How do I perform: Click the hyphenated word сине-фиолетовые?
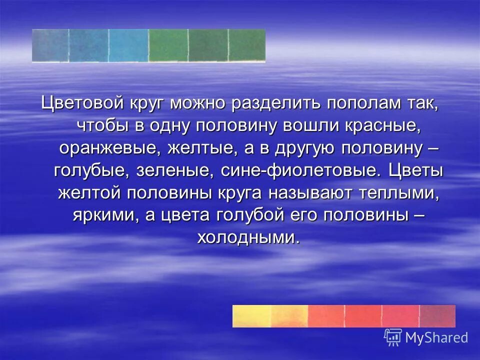click(x=297, y=171)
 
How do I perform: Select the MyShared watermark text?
click(x=436, y=337)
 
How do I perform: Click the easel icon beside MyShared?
click(x=393, y=337)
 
